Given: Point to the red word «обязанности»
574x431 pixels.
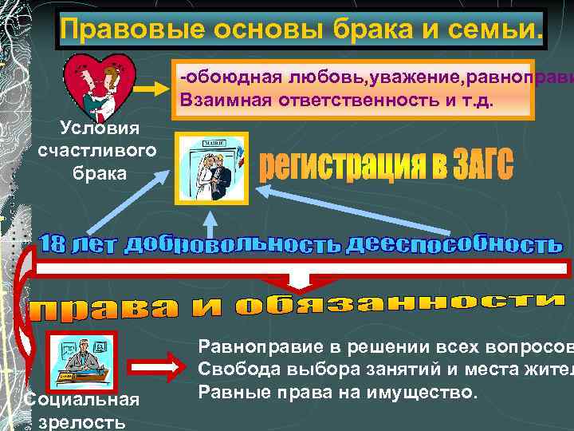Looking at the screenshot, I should tap(398, 306).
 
